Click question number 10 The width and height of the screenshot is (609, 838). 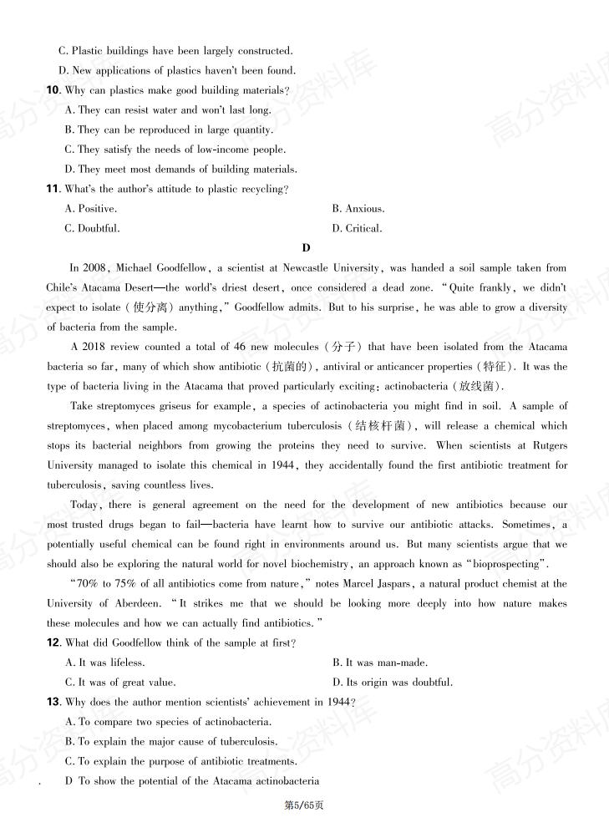pyautogui.click(x=53, y=90)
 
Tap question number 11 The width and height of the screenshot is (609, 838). pyautogui.click(x=53, y=189)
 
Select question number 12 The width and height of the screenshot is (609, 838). pyautogui.click(x=53, y=642)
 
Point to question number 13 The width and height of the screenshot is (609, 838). pyautogui.click(x=53, y=702)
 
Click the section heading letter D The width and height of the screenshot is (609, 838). pyautogui.click(x=306, y=248)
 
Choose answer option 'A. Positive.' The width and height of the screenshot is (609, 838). pyautogui.click(x=91, y=209)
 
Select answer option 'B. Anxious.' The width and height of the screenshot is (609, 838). pyautogui.click(x=358, y=209)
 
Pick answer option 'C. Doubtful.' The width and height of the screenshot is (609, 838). pyautogui.click(x=92, y=228)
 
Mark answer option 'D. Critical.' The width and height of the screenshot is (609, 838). pyautogui.click(x=357, y=228)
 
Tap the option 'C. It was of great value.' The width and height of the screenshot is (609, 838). pyautogui.click(x=120, y=683)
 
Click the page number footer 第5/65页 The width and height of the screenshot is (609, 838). pyautogui.click(x=304, y=805)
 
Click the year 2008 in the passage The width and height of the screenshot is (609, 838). pyautogui.click(x=94, y=268)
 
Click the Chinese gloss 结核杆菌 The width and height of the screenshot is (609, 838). pyautogui.click(x=378, y=426)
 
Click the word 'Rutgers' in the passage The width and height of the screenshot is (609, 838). pyautogui.click(x=548, y=446)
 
